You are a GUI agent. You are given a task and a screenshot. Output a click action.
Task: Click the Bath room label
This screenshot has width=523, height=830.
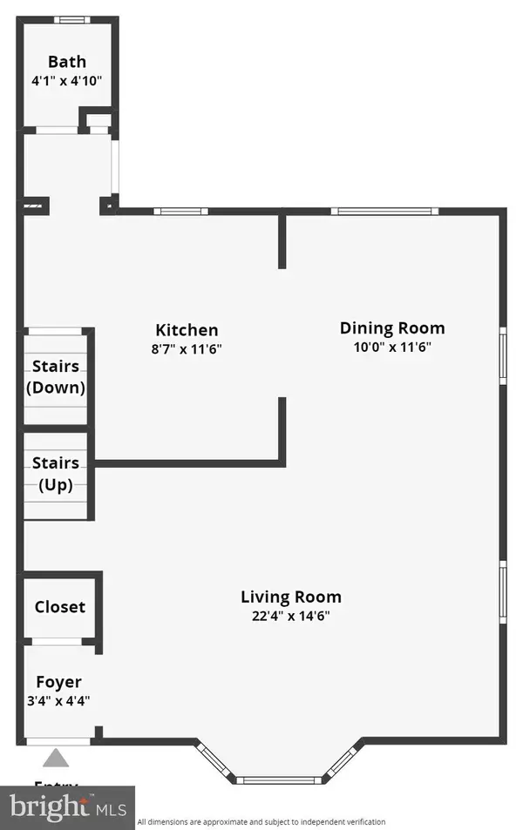click(x=67, y=62)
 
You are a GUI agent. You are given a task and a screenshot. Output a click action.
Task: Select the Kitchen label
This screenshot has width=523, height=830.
click(x=187, y=330)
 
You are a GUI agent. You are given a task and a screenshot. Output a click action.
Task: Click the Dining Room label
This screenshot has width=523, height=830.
click(x=392, y=328)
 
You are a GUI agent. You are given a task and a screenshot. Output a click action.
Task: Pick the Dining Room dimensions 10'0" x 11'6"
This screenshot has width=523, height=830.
click(x=392, y=347)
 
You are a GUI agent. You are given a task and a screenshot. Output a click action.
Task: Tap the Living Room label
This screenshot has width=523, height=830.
click(x=291, y=597)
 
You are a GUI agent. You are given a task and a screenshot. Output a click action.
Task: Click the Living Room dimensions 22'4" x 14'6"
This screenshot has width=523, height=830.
click(x=291, y=616)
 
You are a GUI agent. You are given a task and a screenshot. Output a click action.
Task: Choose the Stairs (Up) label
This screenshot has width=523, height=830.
click(x=56, y=474)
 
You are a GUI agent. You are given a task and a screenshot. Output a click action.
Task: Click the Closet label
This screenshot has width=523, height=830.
click(x=60, y=606)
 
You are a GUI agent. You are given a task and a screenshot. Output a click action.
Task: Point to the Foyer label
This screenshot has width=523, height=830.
click(x=58, y=682)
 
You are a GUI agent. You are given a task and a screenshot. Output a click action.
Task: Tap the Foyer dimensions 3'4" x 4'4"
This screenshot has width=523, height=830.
click(x=58, y=699)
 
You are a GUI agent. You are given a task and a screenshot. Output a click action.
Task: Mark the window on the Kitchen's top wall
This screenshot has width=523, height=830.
click(x=180, y=211)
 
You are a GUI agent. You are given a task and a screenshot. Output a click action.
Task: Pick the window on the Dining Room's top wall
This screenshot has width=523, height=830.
click(x=384, y=211)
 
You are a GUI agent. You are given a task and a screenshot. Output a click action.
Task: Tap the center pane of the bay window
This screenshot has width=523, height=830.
click(x=280, y=779)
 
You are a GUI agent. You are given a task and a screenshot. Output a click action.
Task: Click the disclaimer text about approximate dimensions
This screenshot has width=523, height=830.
click(x=261, y=821)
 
